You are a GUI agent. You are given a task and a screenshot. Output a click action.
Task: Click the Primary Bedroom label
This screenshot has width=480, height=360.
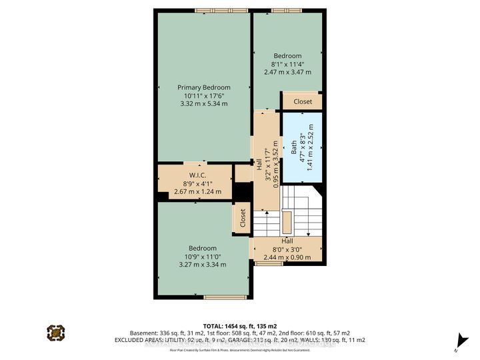click(x=203, y=87)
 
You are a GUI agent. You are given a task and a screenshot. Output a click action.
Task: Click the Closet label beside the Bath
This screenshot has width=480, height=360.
click(x=303, y=102)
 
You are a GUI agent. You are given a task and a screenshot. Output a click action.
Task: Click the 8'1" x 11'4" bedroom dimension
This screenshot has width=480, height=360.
click(x=288, y=65)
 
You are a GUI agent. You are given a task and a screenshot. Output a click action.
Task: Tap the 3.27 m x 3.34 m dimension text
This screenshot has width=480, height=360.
click(x=203, y=264)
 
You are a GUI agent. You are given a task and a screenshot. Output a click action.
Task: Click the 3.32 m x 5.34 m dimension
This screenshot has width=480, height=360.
click(x=203, y=104)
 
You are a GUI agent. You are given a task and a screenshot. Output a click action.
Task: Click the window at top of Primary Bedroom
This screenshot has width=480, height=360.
click(x=221, y=10)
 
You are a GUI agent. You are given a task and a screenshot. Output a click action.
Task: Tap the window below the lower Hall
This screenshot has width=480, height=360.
click(x=268, y=263)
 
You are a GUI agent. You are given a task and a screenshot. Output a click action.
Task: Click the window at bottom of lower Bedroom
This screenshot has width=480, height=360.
click(x=221, y=297)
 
